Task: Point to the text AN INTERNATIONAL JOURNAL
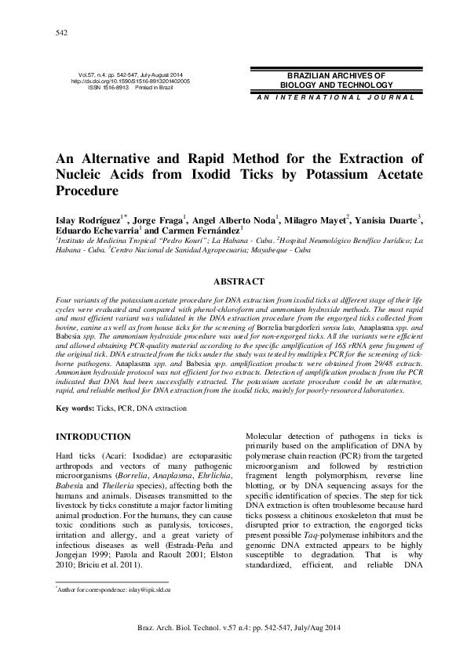(x=323, y=97)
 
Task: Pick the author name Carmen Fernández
(x=204, y=231)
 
